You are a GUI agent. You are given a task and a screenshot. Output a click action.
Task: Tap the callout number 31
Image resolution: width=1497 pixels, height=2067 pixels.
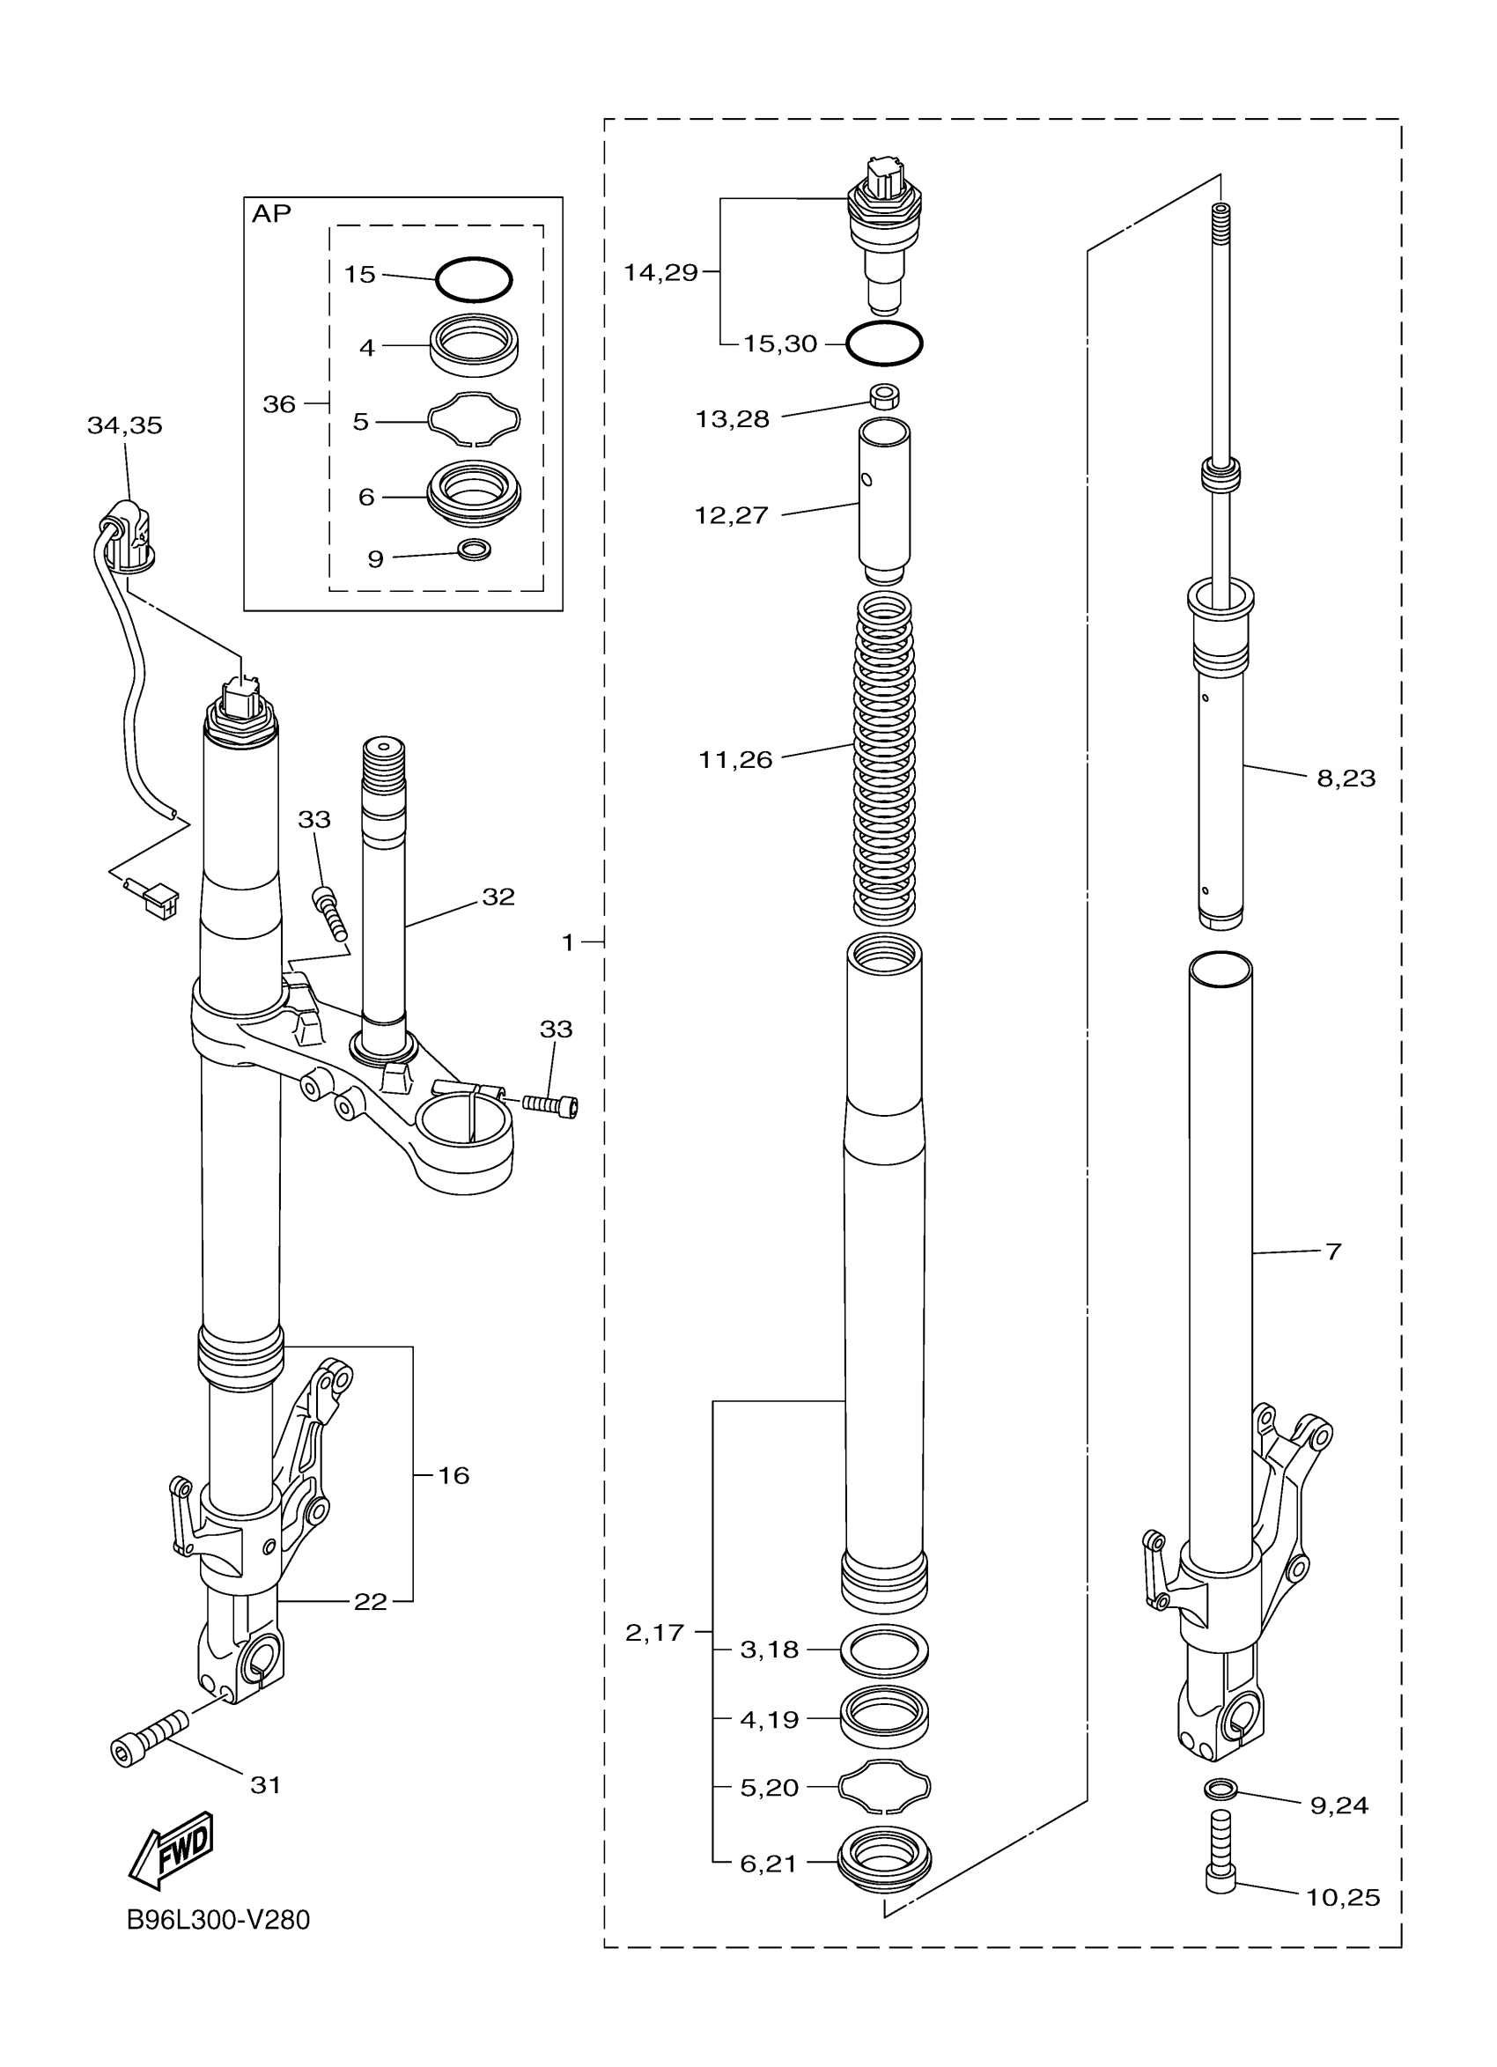point(265,1785)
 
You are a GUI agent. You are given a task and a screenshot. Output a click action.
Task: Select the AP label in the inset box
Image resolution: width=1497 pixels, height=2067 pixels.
point(270,213)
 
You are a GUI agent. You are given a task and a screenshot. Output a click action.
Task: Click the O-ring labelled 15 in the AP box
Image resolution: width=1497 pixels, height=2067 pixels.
point(473,279)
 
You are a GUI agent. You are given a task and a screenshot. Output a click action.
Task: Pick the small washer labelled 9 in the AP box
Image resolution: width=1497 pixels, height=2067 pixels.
point(474,550)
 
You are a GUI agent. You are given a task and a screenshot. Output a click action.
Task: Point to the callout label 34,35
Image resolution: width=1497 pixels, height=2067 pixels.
point(125,425)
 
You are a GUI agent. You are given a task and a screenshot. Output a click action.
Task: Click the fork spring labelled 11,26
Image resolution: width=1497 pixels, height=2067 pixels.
point(883,757)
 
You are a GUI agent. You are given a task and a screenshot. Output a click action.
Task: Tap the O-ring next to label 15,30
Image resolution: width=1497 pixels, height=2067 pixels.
point(884,343)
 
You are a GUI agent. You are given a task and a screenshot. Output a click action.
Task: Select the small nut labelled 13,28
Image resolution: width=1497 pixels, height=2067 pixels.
point(883,396)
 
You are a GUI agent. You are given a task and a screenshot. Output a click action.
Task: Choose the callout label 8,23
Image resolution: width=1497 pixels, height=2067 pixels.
point(1346,779)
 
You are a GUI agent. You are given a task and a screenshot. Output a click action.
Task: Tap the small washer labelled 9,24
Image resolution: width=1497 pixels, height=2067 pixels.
point(1220,1789)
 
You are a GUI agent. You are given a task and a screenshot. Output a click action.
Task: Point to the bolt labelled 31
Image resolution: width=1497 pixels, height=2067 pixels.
point(150,1737)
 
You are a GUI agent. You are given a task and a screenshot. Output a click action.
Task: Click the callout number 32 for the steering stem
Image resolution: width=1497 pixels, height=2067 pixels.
point(498,897)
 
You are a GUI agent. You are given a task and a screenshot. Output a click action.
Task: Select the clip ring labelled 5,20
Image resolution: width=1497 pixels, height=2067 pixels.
point(884,1787)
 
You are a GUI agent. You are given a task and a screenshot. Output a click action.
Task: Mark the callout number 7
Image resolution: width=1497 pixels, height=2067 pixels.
point(1333,1251)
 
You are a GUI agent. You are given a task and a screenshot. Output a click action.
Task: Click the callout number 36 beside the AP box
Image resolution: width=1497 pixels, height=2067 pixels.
point(279,403)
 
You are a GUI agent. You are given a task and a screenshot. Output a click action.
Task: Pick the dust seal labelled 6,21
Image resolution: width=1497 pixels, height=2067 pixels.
point(884,1859)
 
